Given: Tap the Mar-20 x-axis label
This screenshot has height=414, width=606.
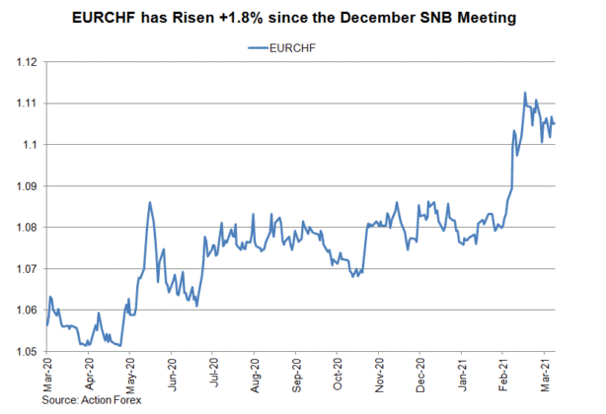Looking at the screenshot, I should click(x=46, y=375).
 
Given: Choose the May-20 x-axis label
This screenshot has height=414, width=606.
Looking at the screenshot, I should click(x=130, y=375).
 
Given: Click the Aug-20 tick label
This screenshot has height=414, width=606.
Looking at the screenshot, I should click(x=255, y=375).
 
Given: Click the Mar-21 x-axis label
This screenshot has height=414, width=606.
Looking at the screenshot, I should click(x=543, y=375).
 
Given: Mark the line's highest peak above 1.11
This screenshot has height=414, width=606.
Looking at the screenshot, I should click(x=525, y=93).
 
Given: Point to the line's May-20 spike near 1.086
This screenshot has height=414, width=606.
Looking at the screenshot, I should click(x=149, y=202).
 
